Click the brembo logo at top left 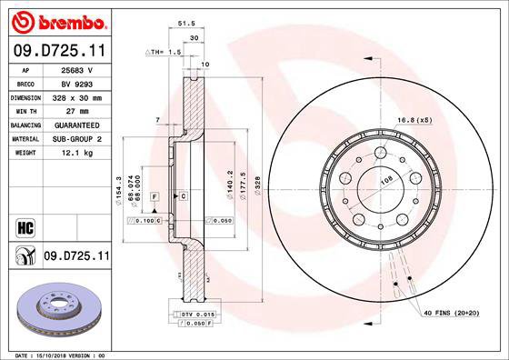56,21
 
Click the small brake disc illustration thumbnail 56,305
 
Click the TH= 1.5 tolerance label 167,54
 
